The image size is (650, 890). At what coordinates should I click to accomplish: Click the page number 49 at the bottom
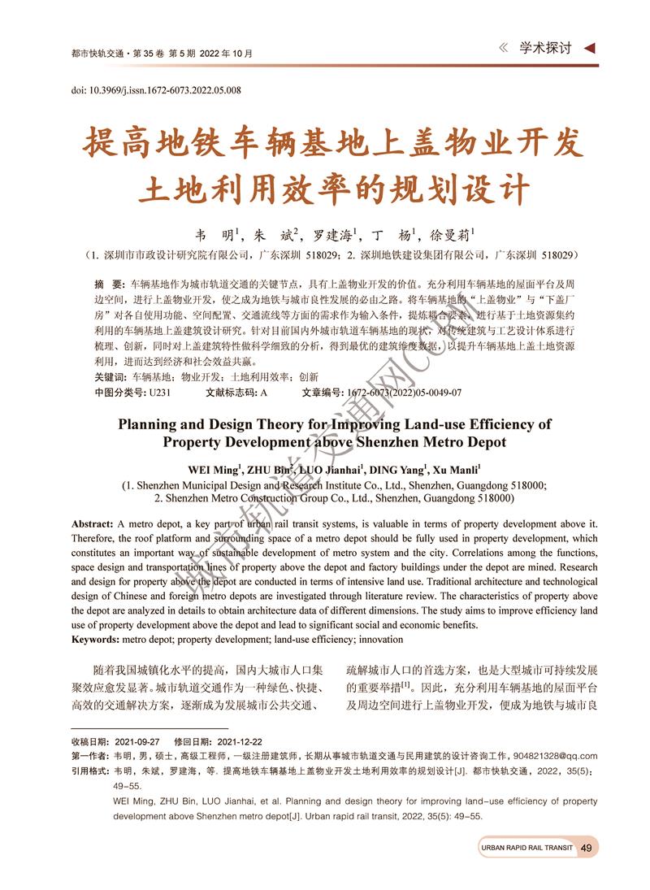pyautogui.click(x=587, y=848)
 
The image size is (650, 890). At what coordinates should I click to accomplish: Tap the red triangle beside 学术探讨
pyautogui.click(x=591, y=48)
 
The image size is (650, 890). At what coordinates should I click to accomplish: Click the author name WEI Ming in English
pyautogui.click(x=214, y=469)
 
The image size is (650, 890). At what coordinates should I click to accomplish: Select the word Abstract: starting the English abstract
pyautogui.click(x=92, y=524)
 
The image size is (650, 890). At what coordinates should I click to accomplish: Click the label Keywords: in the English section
pyautogui.click(x=96, y=640)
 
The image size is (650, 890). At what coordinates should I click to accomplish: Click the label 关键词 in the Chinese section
pyautogui.click(x=109, y=378)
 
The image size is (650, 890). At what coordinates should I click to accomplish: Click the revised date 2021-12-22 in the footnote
pyautogui.click(x=240, y=742)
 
